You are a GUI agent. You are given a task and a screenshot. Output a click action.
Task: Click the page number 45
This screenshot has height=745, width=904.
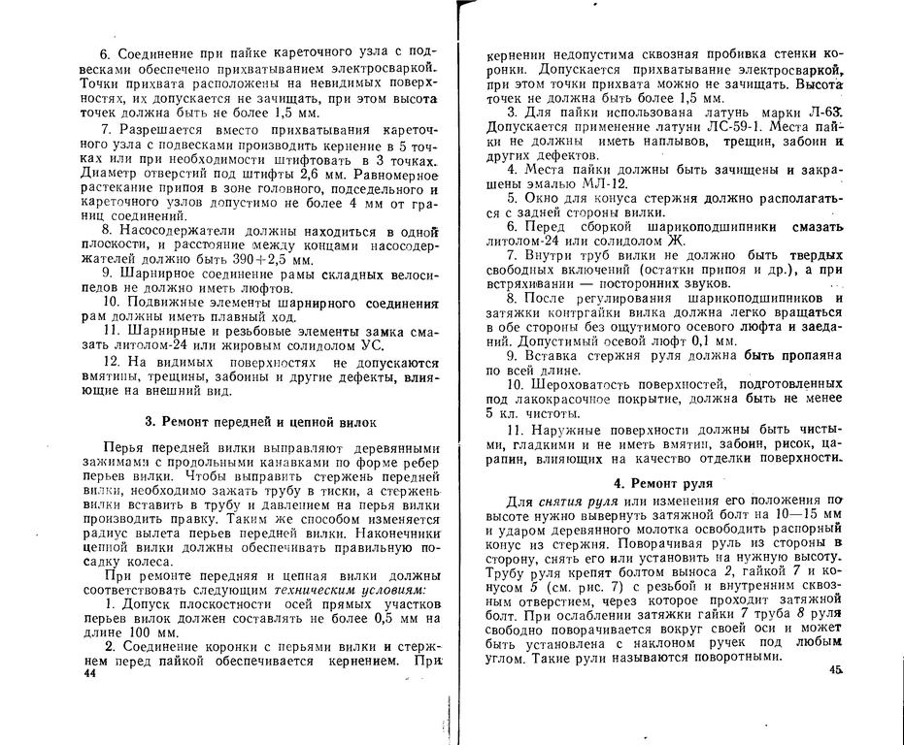coord(836,670)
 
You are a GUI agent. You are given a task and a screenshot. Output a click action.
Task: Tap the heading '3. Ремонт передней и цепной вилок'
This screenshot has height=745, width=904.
coord(253,422)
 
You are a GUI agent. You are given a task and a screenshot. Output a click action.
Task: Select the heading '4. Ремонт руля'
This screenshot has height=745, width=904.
coord(663,482)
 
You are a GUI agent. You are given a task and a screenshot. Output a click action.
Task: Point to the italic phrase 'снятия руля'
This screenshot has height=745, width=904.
coord(580,499)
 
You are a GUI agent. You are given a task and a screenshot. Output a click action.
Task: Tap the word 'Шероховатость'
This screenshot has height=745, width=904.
coord(584,385)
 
